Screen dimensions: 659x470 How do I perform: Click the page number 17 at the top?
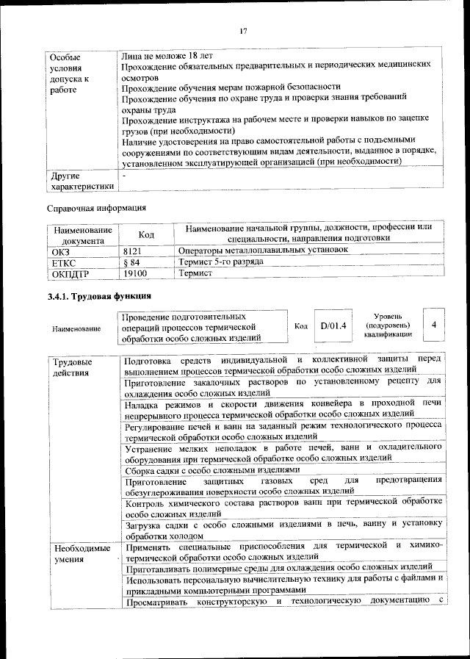(243, 30)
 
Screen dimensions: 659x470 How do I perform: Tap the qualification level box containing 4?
(435, 324)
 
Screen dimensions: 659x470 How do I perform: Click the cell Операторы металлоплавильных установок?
(263, 251)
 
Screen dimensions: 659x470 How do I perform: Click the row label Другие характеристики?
(82, 181)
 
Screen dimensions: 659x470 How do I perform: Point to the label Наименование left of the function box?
(76, 328)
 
